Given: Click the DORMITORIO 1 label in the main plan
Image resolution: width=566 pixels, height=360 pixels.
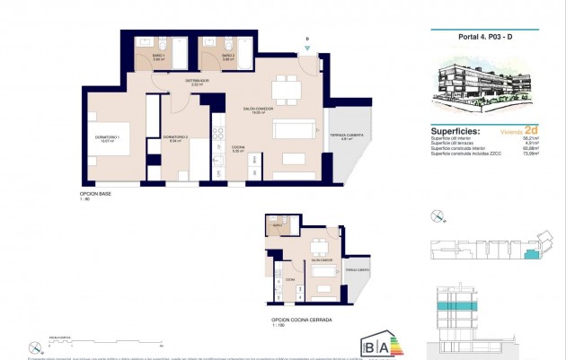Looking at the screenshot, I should pos(107,138).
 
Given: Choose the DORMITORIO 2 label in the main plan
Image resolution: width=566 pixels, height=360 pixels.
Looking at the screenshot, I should pos(176,138).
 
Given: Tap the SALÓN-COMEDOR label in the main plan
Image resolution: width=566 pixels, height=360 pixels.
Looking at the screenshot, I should pos(260,110).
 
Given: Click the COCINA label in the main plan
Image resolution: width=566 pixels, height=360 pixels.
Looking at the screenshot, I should pos(239,150).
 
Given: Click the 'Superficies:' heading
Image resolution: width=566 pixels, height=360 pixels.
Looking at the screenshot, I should pos(455,130).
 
